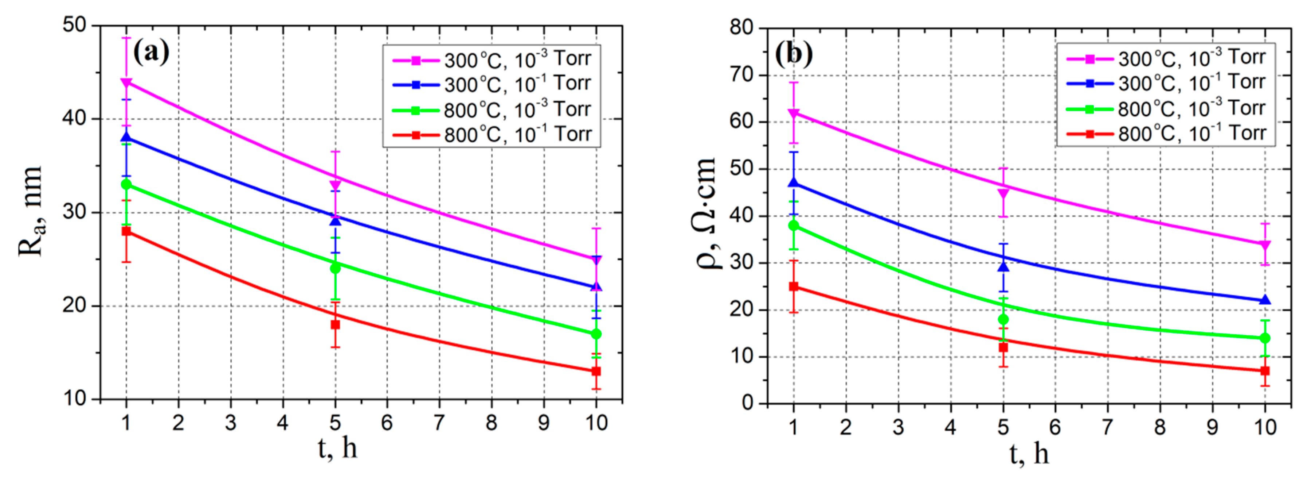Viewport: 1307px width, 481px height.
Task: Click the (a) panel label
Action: [x=151, y=51]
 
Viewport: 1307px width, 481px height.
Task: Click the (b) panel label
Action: [x=794, y=53]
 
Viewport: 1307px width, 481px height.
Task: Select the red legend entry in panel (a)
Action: [x=491, y=135]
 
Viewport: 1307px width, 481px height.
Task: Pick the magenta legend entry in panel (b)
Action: [x=1166, y=59]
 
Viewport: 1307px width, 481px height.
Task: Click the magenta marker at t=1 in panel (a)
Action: [x=126, y=82]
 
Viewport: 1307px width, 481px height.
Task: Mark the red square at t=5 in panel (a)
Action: [x=335, y=324]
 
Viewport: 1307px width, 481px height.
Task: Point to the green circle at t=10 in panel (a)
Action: [x=596, y=334]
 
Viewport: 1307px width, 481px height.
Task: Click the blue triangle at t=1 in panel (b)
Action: [x=794, y=183]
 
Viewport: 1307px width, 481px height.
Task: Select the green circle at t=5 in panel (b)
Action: [x=1003, y=319]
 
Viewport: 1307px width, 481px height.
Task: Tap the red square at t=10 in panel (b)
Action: [x=1265, y=371]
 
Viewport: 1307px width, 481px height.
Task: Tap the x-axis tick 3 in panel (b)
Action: [x=898, y=427]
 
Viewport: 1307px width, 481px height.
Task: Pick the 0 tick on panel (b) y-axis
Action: [x=748, y=403]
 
